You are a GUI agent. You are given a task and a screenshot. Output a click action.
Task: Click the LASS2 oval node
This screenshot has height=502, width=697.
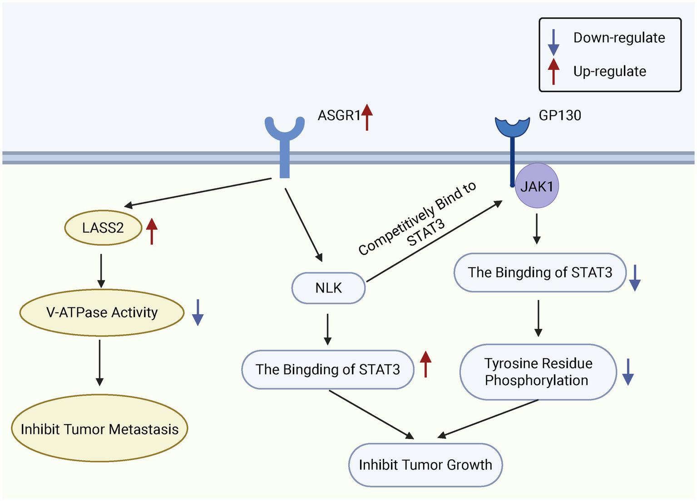(x=103, y=228)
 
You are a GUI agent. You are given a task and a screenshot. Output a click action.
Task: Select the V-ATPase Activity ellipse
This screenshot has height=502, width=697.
(x=102, y=312)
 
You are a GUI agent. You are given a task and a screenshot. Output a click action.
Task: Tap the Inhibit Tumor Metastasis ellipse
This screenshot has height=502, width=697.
(x=99, y=429)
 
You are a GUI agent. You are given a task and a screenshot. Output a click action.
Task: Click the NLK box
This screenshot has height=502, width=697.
(x=328, y=288)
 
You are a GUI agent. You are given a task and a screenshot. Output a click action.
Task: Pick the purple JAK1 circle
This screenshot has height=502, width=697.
(x=537, y=186)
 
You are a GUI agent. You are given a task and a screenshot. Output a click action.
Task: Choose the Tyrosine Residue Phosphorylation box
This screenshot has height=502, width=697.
(x=538, y=372)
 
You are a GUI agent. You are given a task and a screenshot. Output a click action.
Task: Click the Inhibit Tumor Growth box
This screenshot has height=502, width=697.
(x=425, y=465)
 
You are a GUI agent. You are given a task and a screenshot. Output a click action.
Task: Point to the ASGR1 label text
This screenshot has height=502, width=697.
(x=339, y=116)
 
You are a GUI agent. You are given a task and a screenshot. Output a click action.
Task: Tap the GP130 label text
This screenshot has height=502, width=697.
(x=560, y=116)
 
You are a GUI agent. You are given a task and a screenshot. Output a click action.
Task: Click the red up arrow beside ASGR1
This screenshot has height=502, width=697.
(x=367, y=117)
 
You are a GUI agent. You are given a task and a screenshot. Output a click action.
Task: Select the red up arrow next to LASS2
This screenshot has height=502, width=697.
(x=152, y=231)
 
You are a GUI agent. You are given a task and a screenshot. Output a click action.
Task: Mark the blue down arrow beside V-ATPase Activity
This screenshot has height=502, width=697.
(x=198, y=312)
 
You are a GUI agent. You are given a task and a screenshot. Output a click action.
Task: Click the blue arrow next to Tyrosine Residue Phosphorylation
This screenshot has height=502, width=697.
(x=628, y=372)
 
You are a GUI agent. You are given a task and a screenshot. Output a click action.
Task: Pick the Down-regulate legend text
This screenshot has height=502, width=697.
(x=619, y=38)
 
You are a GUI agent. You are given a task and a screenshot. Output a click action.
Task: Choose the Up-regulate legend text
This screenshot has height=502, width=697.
(x=609, y=71)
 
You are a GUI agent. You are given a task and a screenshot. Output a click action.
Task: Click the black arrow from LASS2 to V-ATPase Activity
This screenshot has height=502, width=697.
(x=101, y=271)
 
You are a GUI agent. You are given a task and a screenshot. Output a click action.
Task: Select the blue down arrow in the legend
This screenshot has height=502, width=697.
(x=553, y=43)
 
